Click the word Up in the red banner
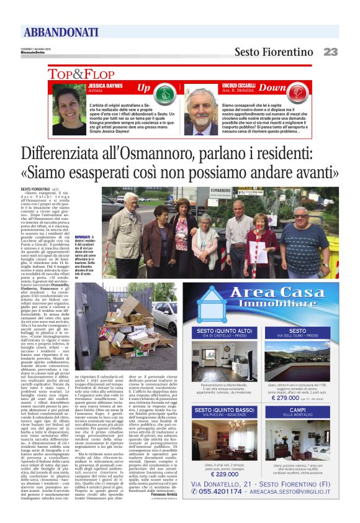pos(143,88)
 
